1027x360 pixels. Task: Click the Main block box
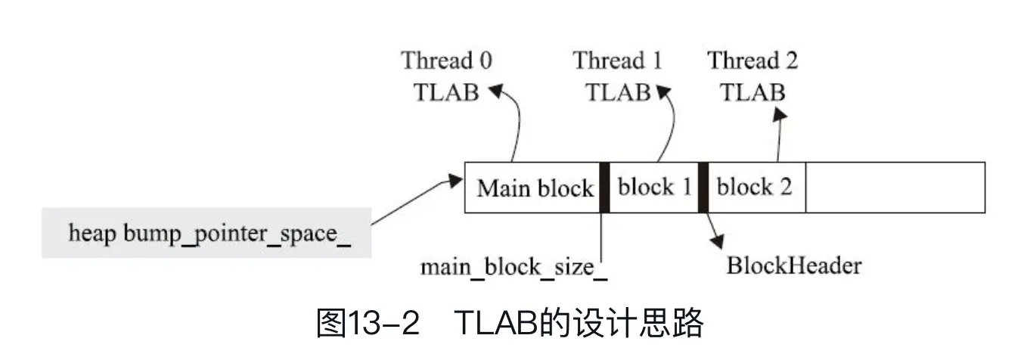point(535,188)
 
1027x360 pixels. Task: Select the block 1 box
point(654,188)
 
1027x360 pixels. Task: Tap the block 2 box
point(754,188)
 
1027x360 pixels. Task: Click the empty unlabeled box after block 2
point(895,188)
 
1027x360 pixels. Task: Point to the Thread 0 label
point(446,61)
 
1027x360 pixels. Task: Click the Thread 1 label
point(617,61)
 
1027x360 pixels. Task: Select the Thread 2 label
point(752,61)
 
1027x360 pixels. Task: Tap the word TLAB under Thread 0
point(446,92)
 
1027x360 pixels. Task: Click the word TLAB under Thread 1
point(617,92)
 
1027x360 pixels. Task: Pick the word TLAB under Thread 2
point(752,92)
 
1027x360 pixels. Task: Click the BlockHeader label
point(794,265)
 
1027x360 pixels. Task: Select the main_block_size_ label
point(514,267)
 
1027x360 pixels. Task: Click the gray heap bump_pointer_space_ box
point(207,233)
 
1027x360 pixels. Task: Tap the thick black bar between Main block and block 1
point(604,188)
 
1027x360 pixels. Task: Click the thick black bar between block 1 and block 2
point(703,188)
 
